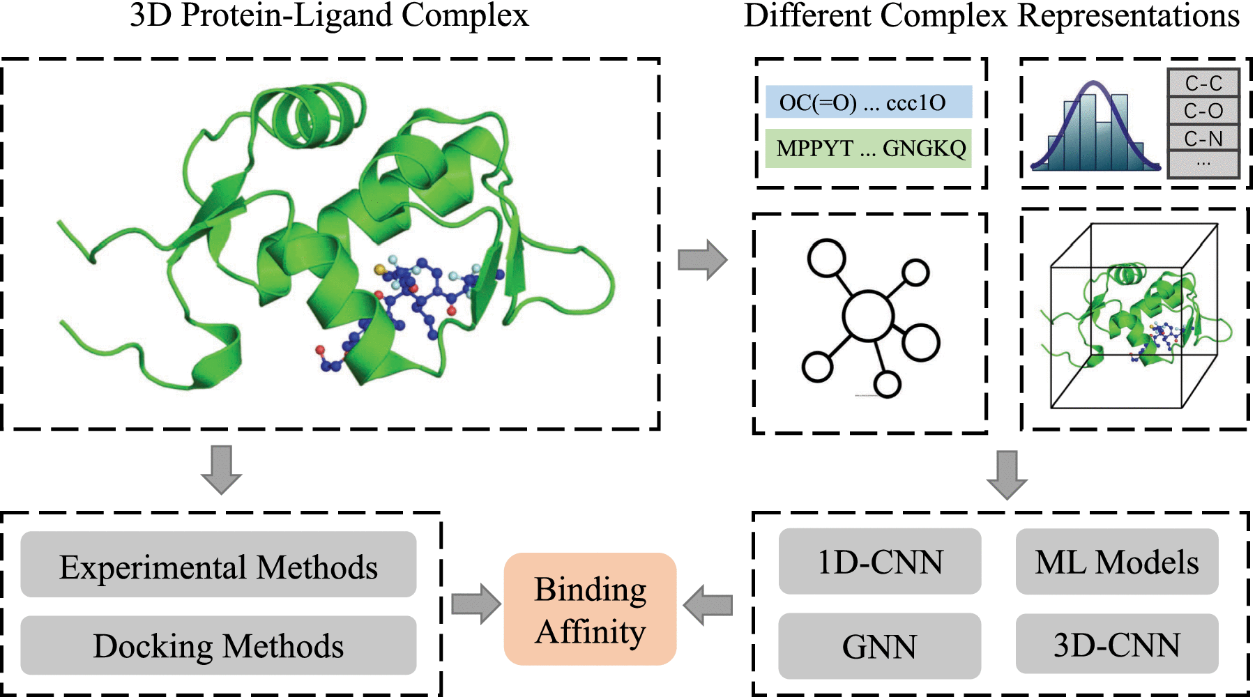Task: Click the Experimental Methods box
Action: pos(218,565)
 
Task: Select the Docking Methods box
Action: pos(218,645)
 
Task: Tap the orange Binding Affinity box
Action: pos(590,609)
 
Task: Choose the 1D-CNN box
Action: pos(879,562)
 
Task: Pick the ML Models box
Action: pos(1116,562)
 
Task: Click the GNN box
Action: pos(879,646)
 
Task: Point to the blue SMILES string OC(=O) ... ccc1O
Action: pos(868,102)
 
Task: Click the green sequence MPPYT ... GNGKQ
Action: pos(868,148)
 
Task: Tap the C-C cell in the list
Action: pos(1203,83)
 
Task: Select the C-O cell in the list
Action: pos(1203,110)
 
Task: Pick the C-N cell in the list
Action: pos(1203,138)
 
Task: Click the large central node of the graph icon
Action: pos(868,315)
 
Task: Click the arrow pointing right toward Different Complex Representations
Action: pos(702,260)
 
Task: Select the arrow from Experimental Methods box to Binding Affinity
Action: pos(476,604)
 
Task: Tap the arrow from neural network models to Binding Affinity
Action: pos(708,604)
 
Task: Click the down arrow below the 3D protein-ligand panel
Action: pos(221,470)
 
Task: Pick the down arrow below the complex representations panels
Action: pos(1007,475)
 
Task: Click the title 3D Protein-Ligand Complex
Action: pos(329,15)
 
